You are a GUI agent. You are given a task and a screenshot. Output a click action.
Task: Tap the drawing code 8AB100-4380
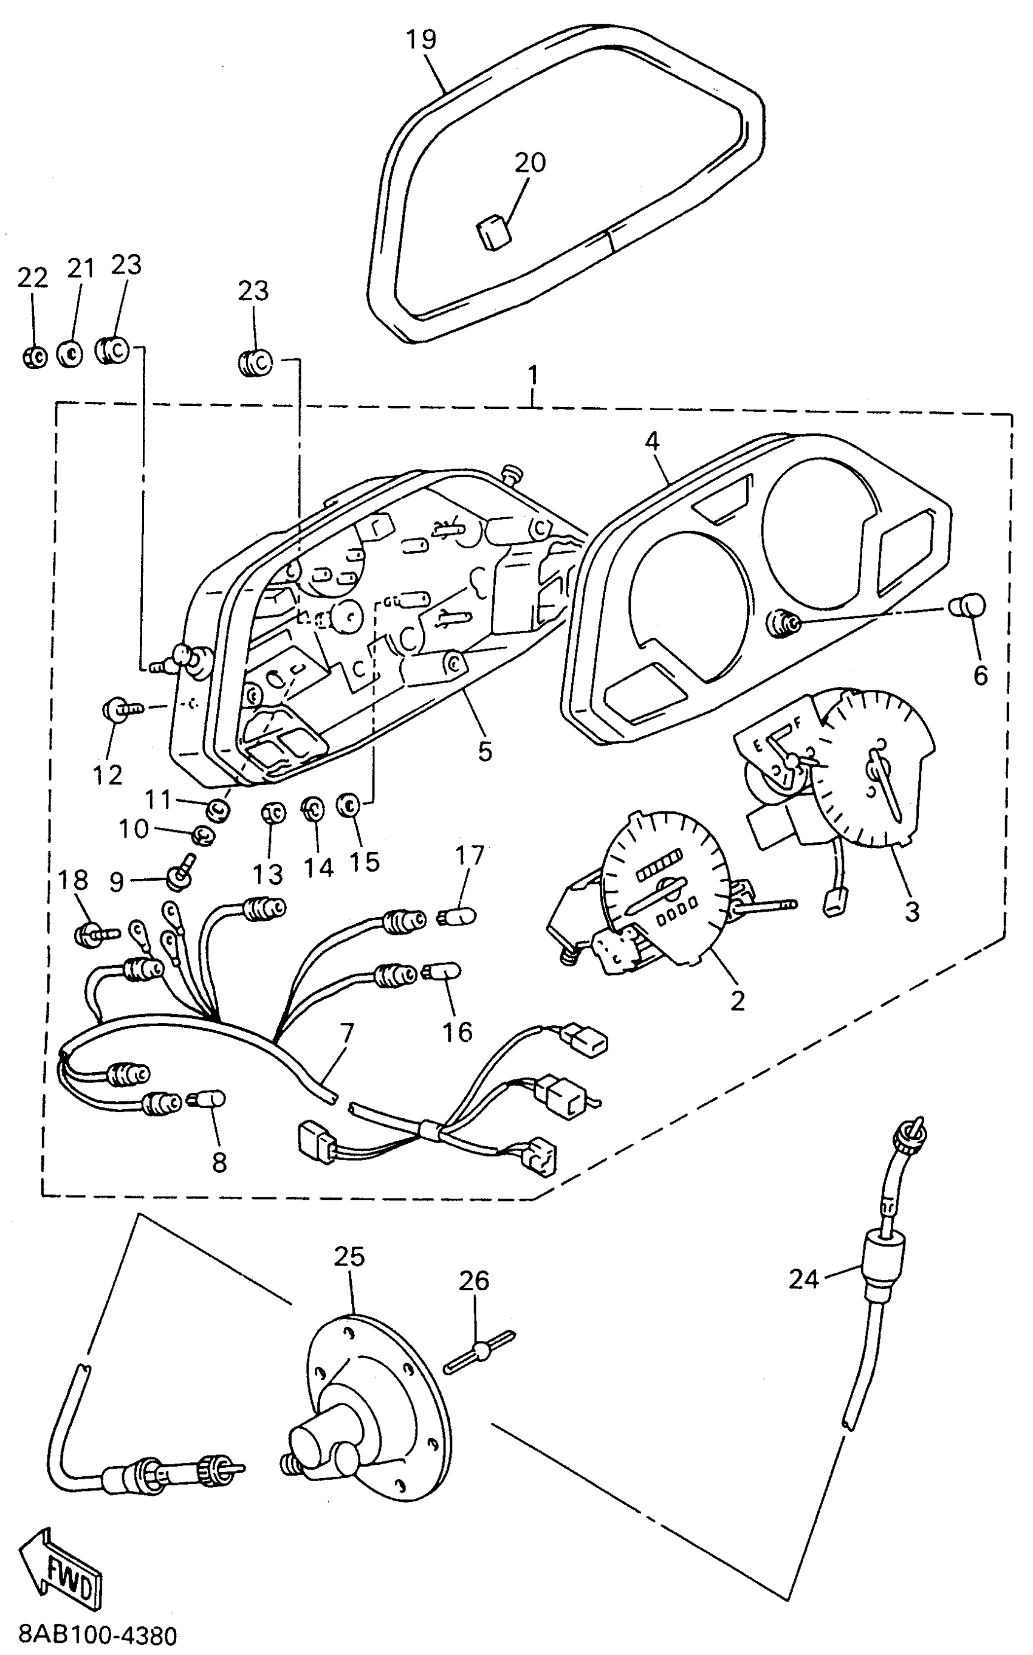point(89,1635)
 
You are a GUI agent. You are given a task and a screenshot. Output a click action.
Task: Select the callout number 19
point(422,40)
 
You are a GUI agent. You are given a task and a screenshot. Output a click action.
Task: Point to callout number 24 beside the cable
point(803,1279)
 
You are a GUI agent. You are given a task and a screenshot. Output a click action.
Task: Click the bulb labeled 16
point(443,971)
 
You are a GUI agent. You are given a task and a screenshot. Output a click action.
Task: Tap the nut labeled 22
point(33,357)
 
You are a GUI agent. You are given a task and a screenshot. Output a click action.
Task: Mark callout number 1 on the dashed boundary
point(533,375)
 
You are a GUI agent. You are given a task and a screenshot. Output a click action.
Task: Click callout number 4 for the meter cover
point(653,441)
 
